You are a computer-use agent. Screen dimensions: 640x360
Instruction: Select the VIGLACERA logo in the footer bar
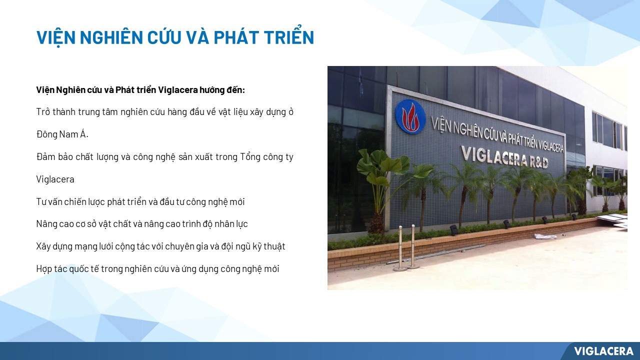603,351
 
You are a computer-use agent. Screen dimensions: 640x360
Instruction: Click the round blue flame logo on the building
410,116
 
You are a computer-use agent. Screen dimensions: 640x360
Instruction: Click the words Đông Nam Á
62,134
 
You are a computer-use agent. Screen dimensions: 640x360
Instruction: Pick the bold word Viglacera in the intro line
177,89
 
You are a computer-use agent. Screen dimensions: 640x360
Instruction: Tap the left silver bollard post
400,248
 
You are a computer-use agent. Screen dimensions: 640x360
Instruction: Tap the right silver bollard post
413,247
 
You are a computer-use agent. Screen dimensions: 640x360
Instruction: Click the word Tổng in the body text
250,157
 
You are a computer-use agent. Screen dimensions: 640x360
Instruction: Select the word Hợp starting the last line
44,269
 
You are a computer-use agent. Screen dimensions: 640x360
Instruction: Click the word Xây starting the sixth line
43,246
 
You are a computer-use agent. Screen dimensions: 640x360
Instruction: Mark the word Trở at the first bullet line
43,111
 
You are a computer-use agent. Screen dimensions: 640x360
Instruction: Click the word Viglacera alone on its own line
55,179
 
